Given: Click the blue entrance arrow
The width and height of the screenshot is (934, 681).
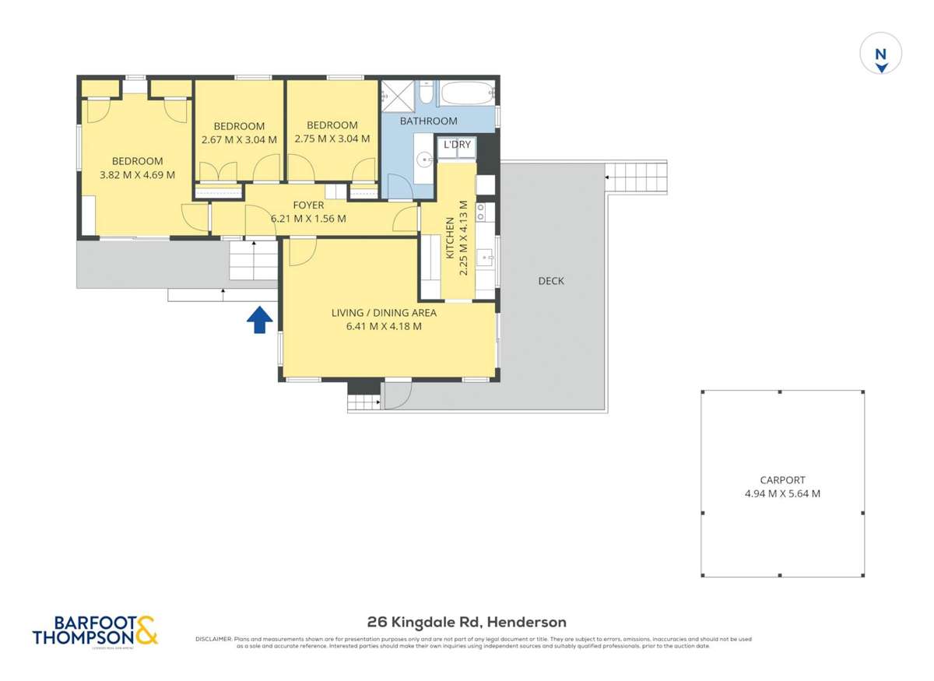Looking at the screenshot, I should pos(259,319).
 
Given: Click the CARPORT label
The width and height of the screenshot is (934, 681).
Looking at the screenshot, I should pos(782,480).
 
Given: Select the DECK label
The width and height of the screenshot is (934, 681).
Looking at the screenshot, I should pos(551,281).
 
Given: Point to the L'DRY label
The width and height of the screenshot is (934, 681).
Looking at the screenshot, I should pos(457,145).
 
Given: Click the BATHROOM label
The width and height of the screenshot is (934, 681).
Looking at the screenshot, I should pos(428,121).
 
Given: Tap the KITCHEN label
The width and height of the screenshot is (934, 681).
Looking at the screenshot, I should pos(450,238).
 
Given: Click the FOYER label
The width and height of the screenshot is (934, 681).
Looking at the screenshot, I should pos(308,205).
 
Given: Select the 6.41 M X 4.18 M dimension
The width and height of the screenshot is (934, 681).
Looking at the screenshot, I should pos(384,327).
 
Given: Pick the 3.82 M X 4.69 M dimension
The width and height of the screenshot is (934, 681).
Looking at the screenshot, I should pos(137,175).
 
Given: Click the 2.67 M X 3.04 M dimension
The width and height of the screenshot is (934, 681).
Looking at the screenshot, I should pos(239,140).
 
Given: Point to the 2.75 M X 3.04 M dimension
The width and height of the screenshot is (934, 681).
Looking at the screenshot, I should pos(332,140).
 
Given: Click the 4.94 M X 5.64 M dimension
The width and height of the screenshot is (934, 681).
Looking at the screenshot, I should pos(782,493).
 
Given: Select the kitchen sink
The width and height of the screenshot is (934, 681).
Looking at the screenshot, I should pos(486,256).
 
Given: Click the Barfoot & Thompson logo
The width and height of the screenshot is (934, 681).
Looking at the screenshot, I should pos(95,630).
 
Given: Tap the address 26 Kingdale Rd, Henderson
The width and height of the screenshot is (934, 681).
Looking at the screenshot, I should pos(467,622).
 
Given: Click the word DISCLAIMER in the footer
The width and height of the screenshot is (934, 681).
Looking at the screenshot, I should pos(212,639).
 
